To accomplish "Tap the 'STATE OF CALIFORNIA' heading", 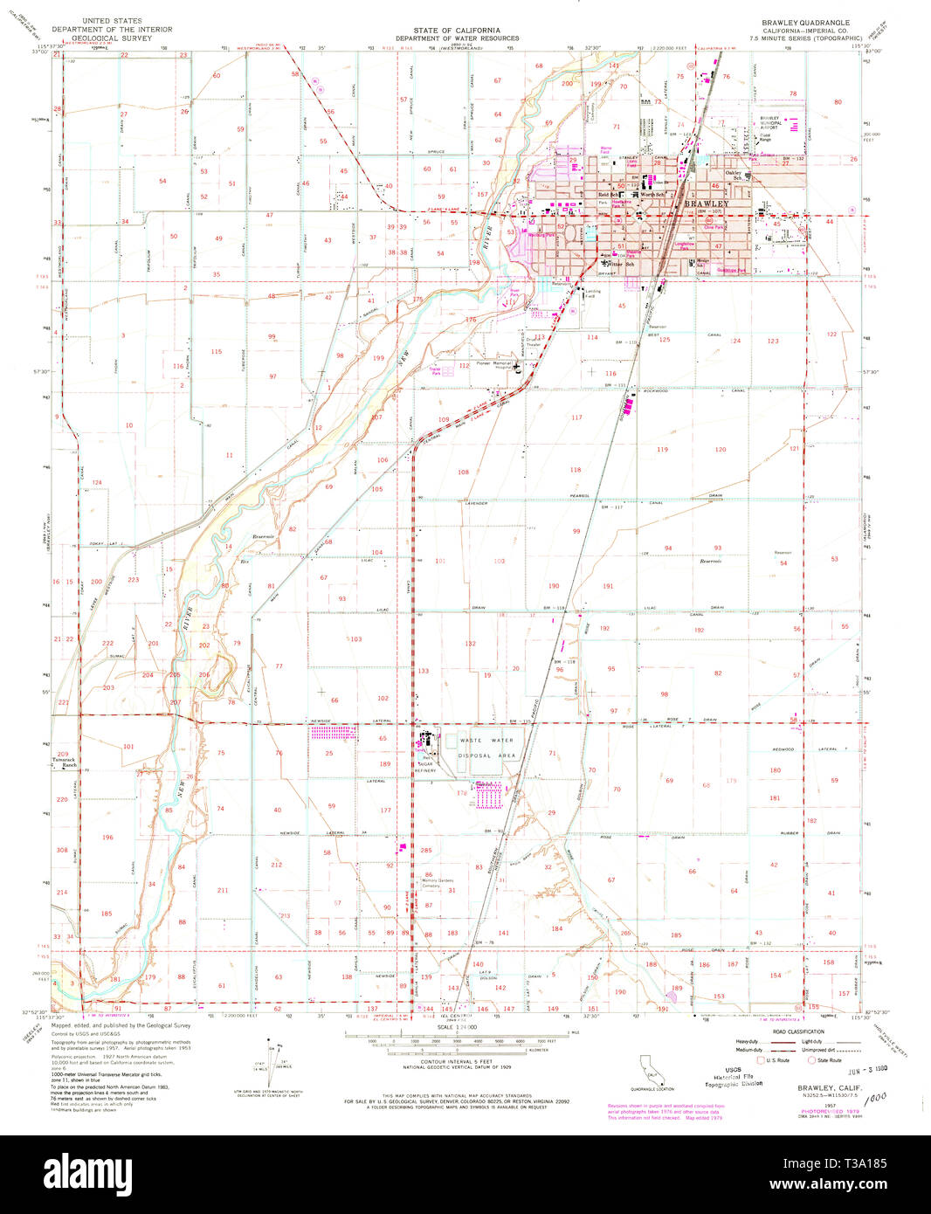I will [457, 30].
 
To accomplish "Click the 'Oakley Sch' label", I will [739, 175].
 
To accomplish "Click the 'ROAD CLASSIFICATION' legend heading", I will [797, 1031].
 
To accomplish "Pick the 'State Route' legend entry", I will [825, 1059].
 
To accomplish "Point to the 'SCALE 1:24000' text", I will [457, 1028].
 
